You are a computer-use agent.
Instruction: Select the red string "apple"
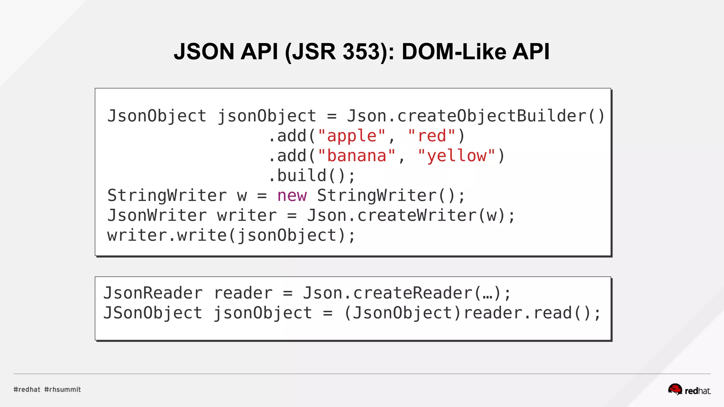click(352, 136)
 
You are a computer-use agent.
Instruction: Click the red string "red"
click(432, 136)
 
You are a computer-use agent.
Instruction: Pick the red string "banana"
click(356, 156)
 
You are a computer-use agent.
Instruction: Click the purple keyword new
click(292, 195)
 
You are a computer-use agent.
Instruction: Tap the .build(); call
click(311, 176)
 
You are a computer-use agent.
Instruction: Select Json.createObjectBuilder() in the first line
click(476, 116)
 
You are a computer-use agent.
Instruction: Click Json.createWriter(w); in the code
click(411, 216)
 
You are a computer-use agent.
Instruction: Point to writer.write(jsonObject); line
click(231, 235)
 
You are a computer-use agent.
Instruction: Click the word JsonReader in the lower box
click(153, 293)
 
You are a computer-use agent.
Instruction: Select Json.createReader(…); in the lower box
click(407, 293)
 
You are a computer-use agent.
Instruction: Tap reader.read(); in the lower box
click(532, 313)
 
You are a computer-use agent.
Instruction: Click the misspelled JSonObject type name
click(153, 313)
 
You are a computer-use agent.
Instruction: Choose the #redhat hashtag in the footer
click(27, 389)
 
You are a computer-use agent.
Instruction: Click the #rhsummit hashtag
click(63, 389)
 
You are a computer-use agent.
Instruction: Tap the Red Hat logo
click(689, 390)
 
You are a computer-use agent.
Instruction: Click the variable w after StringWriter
click(242, 195)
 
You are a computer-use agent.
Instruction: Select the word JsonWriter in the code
click(157, 216)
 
